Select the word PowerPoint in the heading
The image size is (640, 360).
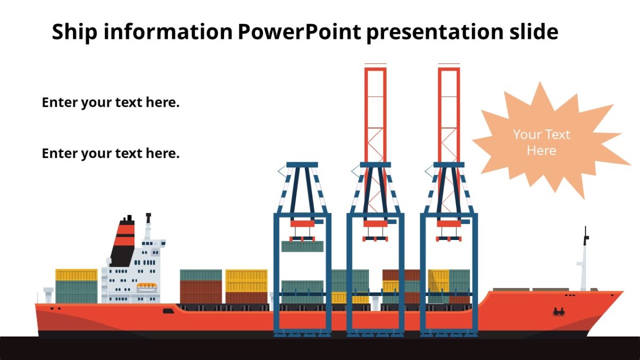299,33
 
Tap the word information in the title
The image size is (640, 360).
167,33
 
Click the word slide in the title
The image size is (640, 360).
531,33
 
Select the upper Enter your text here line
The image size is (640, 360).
110,102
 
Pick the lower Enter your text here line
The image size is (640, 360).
110,154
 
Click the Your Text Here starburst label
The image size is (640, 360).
541,142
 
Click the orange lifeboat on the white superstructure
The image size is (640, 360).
147,287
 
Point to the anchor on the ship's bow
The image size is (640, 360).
559,311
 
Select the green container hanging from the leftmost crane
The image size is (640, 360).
302,246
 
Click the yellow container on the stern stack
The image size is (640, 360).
76,275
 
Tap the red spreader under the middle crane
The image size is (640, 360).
375,224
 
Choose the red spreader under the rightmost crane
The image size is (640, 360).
449,224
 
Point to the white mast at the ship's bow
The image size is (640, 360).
585,261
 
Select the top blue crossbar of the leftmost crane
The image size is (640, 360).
302,165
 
